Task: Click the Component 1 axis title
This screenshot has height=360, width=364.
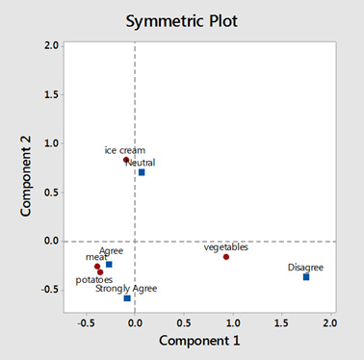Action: click(200, 341)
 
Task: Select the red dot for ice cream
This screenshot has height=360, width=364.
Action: click(125, 160)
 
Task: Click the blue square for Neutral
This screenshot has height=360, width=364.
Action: click(142, 172)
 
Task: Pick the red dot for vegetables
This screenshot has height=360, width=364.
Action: click(226, 257)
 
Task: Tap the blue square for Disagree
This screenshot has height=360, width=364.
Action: click(306, 277)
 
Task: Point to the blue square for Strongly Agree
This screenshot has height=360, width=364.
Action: click(127, 298)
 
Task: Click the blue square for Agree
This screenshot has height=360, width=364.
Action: click(109, 264)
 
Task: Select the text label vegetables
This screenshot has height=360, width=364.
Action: click(226, 247)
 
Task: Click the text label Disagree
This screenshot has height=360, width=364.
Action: click(306, 267)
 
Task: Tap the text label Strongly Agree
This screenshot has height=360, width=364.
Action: click(126, 288)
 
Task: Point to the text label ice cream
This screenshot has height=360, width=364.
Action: click(124, 150)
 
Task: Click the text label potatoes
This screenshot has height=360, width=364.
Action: click(94, 281)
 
